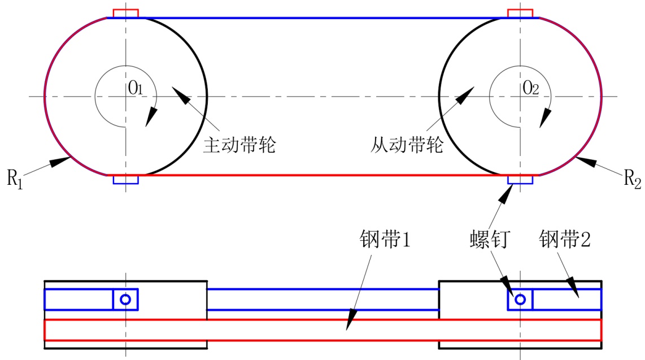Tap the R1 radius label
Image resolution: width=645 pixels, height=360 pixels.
pos(16,179)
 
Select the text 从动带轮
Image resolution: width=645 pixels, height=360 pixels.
pos(407,146)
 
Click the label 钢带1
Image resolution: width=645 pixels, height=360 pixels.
pos(384,240)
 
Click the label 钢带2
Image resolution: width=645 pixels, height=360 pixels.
pos(565,240)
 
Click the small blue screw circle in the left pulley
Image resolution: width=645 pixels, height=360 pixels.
pos(125,299)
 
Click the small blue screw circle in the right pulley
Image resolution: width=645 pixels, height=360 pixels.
pos(520,299)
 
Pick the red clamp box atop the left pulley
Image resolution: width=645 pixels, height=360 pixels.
pos(125,13)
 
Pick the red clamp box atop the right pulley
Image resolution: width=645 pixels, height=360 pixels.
pos(520,13)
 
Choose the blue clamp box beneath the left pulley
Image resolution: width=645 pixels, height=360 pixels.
pos(125,180)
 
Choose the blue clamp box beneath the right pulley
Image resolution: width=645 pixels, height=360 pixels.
pos(520,180)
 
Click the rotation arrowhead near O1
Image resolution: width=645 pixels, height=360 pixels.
pos(150,118)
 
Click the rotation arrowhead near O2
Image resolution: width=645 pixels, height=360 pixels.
pos(546,118)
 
